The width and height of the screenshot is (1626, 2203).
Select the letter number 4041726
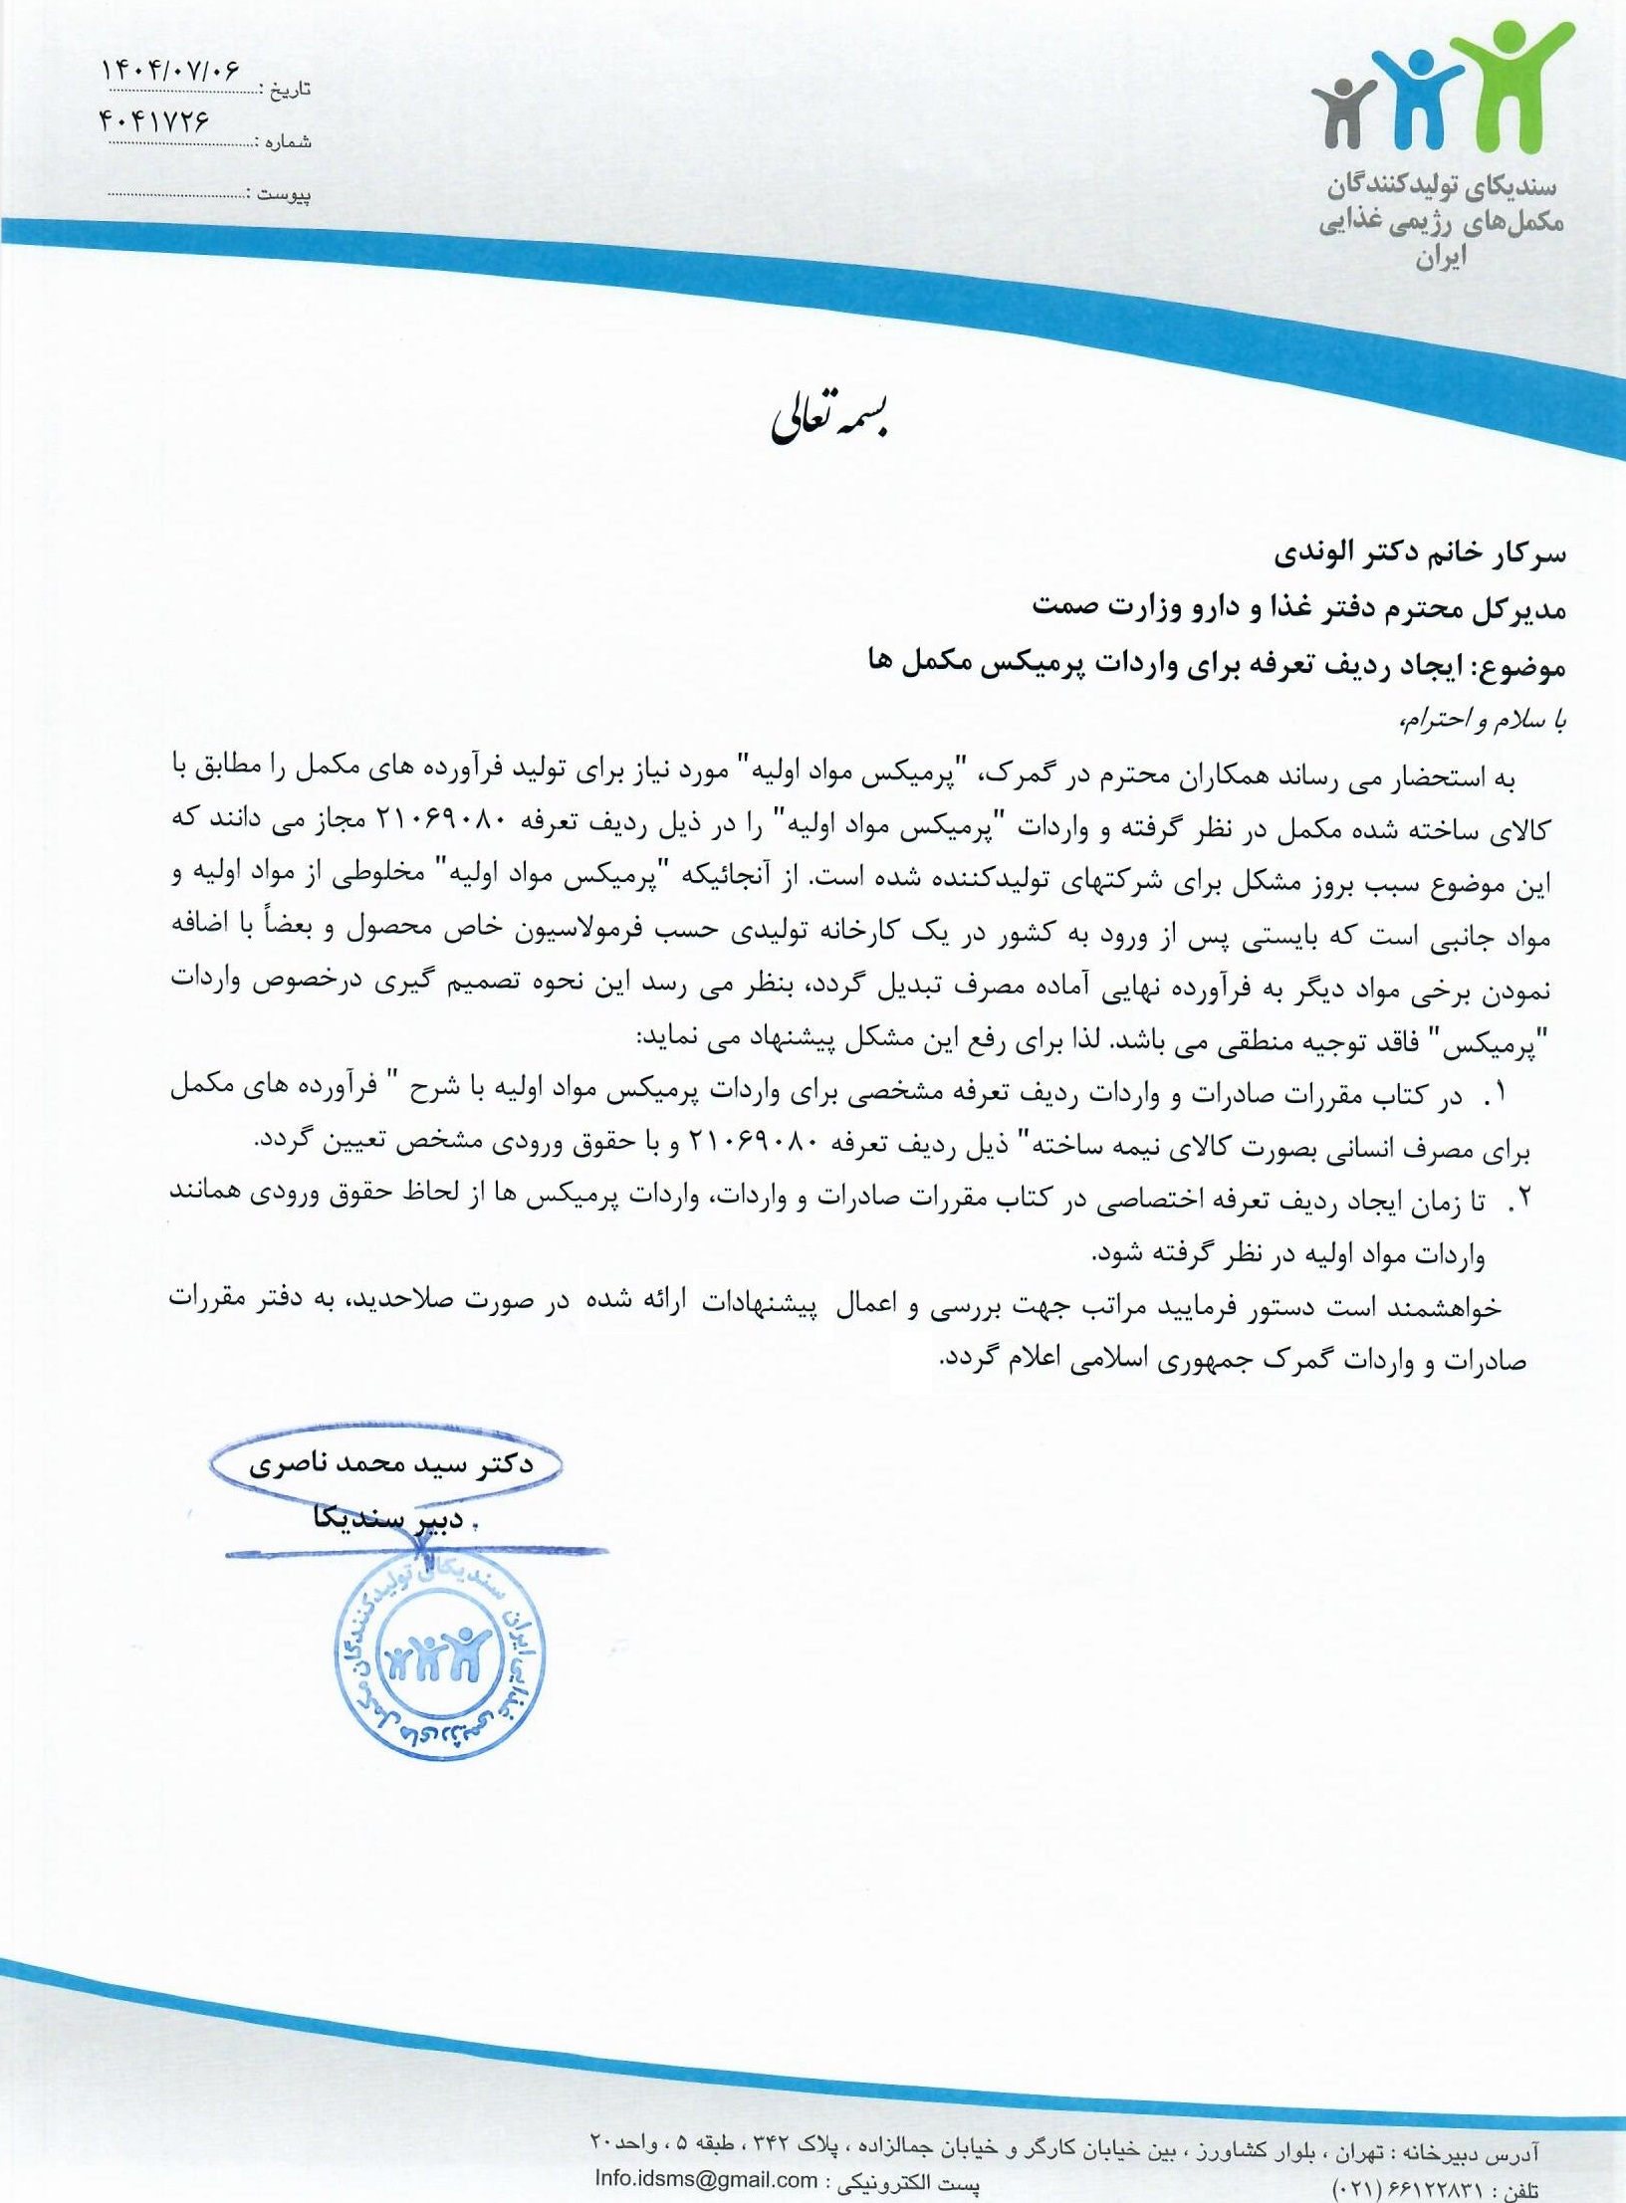(x=155, y=121)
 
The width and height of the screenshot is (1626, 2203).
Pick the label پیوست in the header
(x=284, y=194)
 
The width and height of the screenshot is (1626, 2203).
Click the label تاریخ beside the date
(x=290, y=90)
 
